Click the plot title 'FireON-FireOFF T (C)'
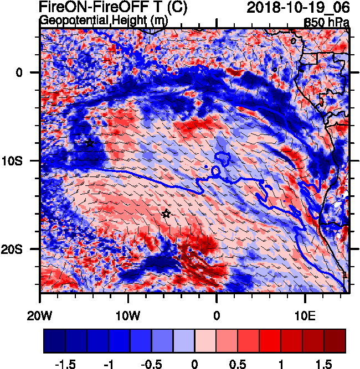[113, 8]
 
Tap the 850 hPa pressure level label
[327, 22]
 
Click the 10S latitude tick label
[23, 161]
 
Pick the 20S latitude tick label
[23, 250]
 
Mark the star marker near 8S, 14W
[90, 143]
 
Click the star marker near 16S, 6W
[166, 214]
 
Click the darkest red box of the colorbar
[335, 341]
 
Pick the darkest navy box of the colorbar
[54, 341]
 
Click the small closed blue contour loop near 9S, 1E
[224, 159]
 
